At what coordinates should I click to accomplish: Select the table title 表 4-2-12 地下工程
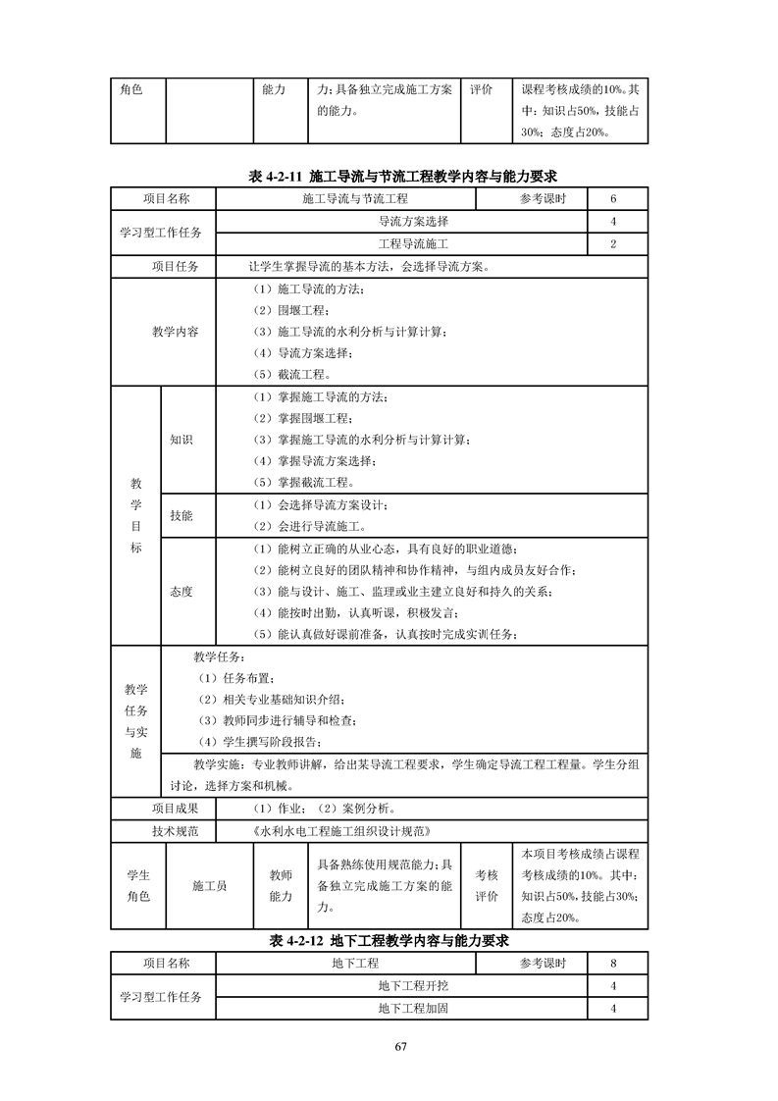click(x=389, y=940)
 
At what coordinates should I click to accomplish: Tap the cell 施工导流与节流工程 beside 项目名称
click(x=348, y=199)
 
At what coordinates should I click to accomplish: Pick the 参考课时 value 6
click(x=613, y=199)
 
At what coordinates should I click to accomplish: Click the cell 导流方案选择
click(x=399, y=222)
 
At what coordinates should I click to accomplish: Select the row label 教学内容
click(x=175, y=332)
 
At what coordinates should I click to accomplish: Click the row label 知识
click(x=182, y=440)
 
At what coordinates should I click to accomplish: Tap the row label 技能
click(x=182, y=515)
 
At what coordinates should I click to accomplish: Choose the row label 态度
click(x=182, y=591)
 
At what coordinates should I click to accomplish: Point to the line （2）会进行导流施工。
click(x=314, y=526)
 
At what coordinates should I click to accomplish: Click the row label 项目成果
click(x=175, y=809)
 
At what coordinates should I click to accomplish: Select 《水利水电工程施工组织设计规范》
click(x=341, y=831)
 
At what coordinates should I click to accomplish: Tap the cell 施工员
click(x=209, y=886)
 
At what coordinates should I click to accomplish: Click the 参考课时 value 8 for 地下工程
click(x=613, y=964)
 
